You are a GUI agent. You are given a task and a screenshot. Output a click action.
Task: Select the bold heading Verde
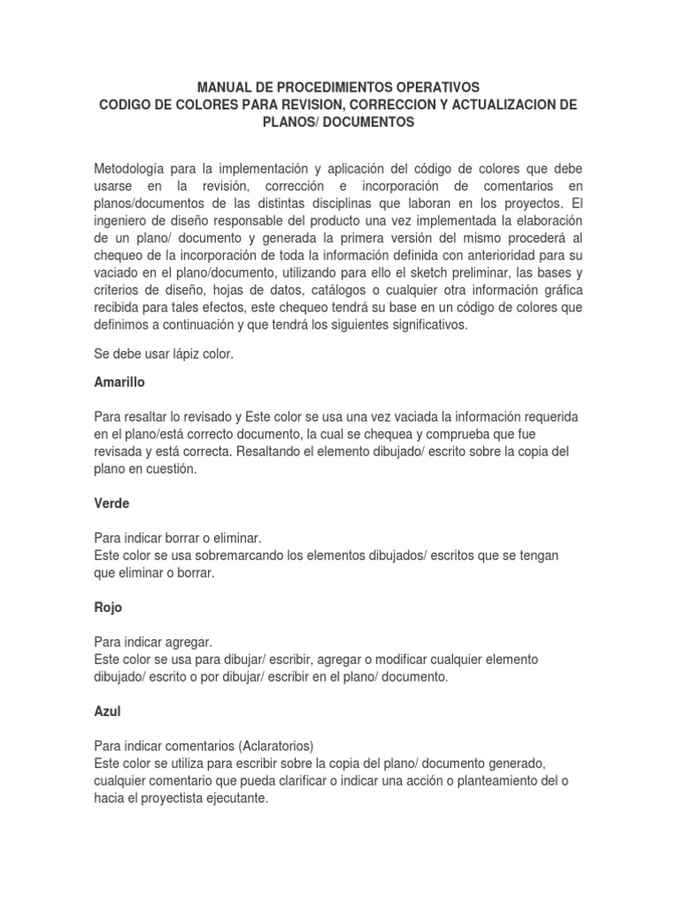coord(111,504)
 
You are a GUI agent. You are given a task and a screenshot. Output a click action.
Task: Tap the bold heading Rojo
coord(108,608)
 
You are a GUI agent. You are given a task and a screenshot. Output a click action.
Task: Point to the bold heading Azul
coord(107,712)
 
